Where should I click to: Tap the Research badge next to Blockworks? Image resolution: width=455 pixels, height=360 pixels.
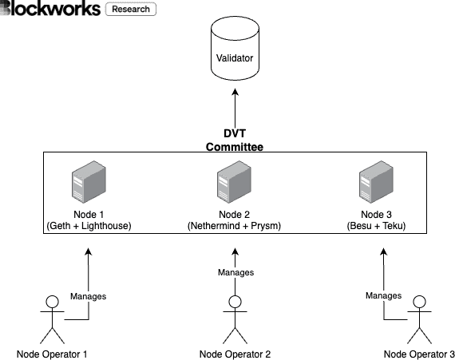click(131, 10)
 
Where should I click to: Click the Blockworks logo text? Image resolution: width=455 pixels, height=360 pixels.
click(50, 10)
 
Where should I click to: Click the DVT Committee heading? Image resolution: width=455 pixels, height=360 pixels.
click(235, 139)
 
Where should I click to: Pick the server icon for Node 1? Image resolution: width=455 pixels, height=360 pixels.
click(89, 184)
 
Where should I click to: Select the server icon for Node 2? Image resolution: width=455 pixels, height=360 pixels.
click(235, 184)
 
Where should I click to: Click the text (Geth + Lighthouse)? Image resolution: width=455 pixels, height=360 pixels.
click(89, 226)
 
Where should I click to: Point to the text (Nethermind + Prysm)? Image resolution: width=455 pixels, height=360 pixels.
click(235, 226)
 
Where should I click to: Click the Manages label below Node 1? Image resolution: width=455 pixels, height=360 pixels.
click(88, 296)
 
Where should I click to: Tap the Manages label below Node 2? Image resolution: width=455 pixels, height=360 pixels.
click(235, 272)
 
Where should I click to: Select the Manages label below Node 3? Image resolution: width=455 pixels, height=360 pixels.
click(383, 295)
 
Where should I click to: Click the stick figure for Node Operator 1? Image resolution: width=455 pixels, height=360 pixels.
click(53, 319)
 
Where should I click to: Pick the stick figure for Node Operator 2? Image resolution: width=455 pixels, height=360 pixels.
click(235, 319)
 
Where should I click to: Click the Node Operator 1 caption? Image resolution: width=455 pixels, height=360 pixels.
click(53, 354)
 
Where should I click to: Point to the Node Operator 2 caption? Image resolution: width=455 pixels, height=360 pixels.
click(235, 354)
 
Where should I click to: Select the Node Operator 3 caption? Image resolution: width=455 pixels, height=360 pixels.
click(418, 354)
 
